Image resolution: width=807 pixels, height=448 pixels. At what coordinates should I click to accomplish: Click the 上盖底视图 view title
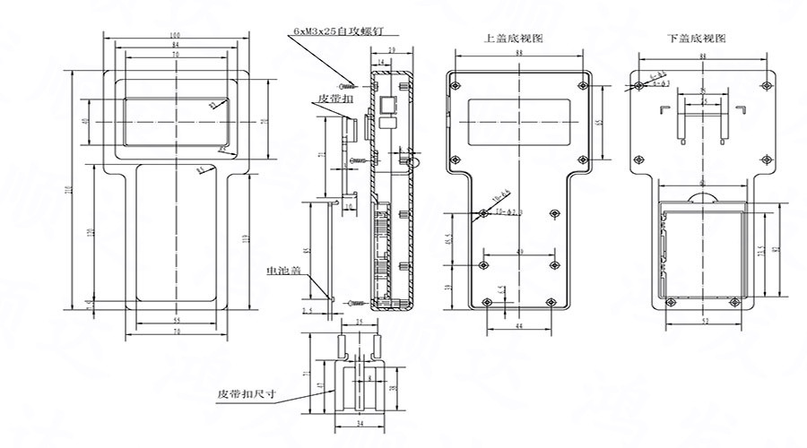click(x=513, y=39)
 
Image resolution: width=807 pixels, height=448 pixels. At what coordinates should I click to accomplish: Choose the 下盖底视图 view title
click(x=697, y=39)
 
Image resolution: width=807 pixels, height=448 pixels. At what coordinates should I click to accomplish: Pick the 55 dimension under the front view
click(x=175, y=320)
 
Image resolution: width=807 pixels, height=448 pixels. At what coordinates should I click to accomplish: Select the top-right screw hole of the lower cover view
click(x=765, y=84)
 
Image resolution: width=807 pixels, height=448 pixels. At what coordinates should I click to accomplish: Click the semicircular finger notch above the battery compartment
click(x=702, y=199)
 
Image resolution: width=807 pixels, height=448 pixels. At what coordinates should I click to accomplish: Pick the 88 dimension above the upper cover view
click(x=518, y=55)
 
